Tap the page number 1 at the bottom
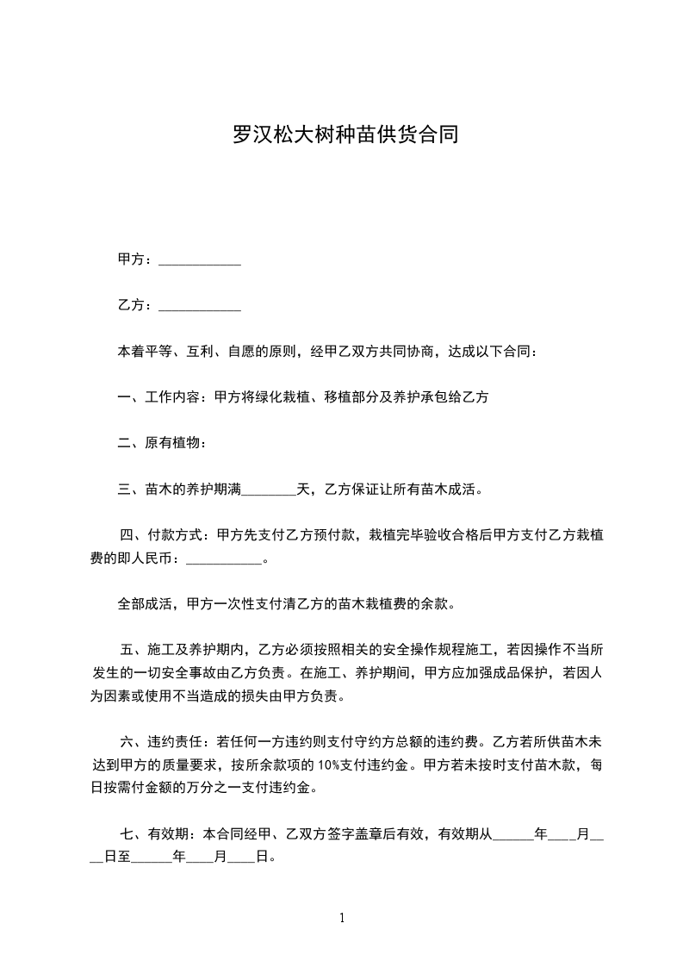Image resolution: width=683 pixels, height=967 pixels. tap(342, 917)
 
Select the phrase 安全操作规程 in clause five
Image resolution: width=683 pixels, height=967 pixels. tap(408, 649)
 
